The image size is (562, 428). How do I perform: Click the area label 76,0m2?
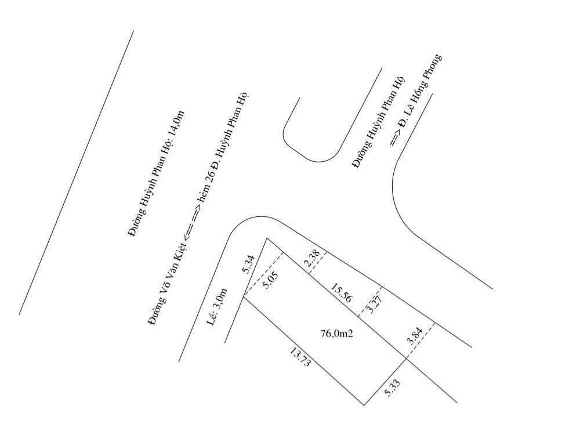click(336, 334)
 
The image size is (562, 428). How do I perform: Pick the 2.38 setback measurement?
click(311, 259)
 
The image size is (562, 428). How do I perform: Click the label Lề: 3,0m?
click(217, 307)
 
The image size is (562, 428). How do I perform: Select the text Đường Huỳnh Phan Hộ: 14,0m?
click(156, 173)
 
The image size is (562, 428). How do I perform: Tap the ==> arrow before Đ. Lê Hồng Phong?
click(395, 137)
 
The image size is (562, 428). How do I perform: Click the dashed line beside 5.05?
click(264, 275)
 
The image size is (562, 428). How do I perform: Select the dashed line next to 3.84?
click(421, 340)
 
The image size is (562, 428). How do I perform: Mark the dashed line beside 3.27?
click(370, 302)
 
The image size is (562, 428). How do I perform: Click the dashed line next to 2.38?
click(318, 263)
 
